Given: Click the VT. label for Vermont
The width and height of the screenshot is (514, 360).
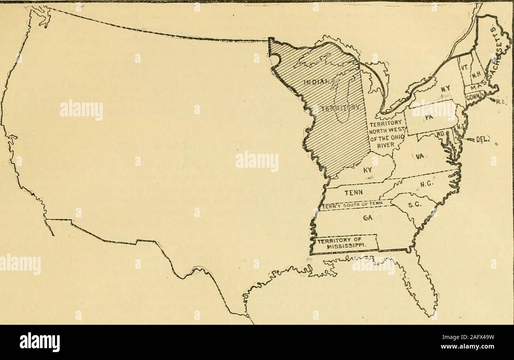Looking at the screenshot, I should click(x=464, y=68).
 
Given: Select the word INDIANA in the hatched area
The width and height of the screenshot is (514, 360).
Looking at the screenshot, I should click(x=319, y=83).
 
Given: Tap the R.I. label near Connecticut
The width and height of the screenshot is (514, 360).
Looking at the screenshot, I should click(x=499, y=101).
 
